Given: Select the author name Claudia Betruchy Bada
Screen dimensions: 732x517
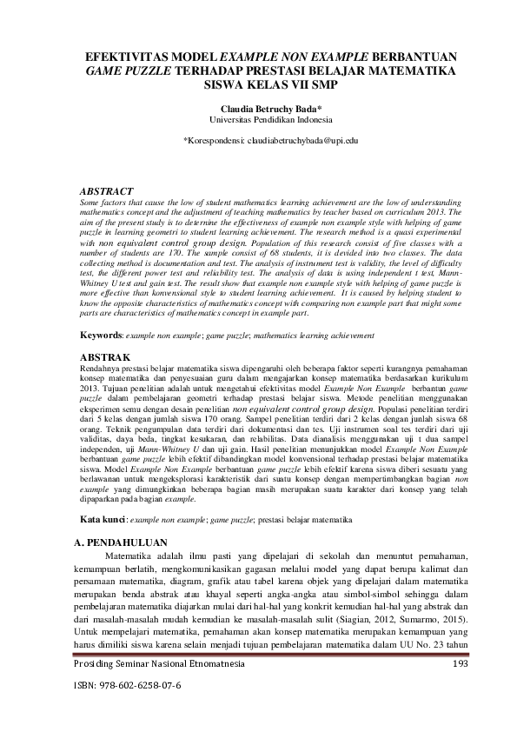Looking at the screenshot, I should click(258, 109).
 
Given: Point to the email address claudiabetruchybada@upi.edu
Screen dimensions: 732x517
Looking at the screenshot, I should click(303, 139).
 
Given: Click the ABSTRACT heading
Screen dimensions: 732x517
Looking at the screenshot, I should click(106, 190).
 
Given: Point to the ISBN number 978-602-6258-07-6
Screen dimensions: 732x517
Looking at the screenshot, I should click(143, 685).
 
